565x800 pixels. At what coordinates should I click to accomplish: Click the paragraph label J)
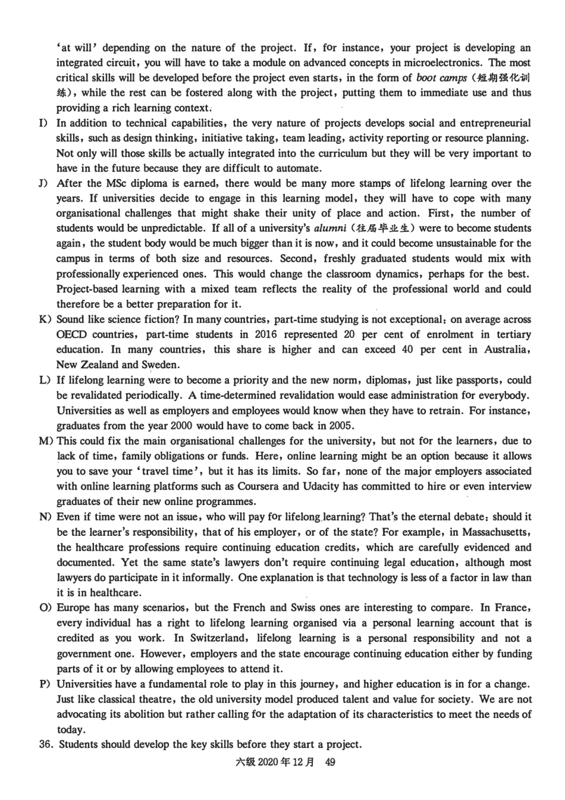pyautogui.click(x=43, y=183)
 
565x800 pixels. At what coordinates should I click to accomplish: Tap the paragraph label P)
pyautogui.click(x=44, y=684)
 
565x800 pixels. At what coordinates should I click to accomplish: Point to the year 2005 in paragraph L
pyautogui.click(x=340, y=425)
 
